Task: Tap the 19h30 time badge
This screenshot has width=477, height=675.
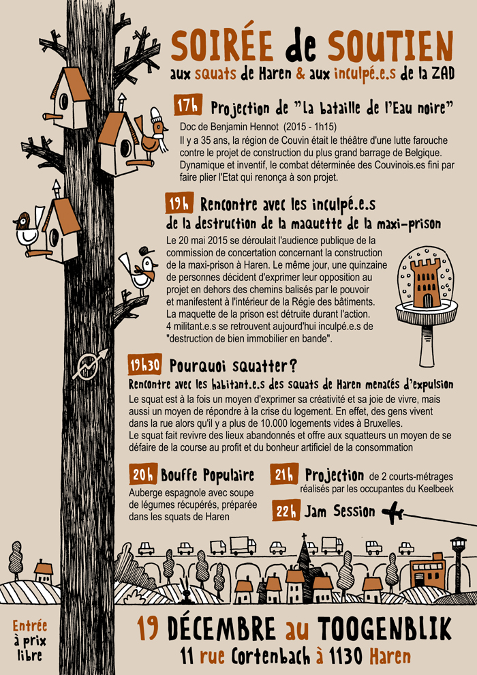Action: coord(145,365)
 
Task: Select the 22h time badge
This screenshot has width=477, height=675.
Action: coord(286,512)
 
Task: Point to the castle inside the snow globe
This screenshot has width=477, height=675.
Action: coord(426,283)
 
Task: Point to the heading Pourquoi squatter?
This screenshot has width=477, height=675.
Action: coord(232,366)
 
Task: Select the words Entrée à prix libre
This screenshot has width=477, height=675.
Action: coord(30,640)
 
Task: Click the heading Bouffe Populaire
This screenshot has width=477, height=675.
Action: coord(207,476)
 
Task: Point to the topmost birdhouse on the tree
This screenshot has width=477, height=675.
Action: coord(68,98)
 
